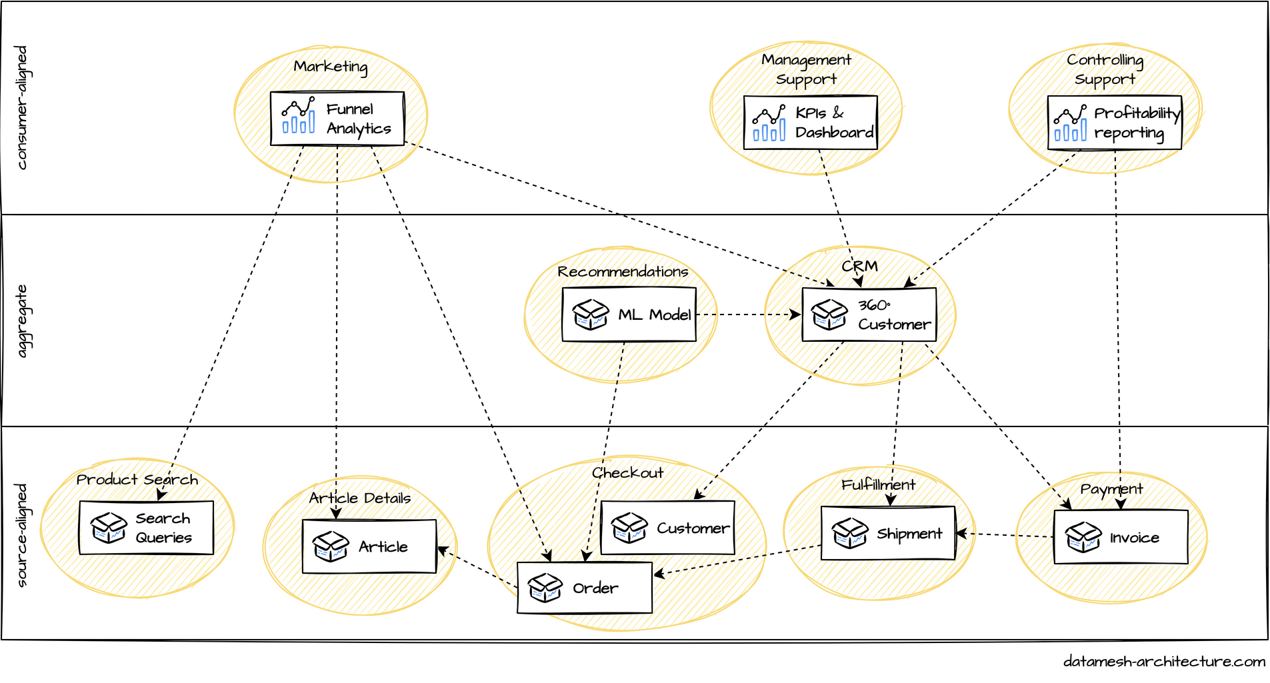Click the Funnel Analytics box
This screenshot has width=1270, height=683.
pyautogui.click(x=337, y=119)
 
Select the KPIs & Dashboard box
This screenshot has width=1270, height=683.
pyautogui.click(x=810, y=123)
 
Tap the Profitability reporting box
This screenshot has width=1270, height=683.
pyautogui.click(x=1114, y=123)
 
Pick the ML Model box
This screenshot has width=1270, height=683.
pyautogui.click(x=629, y=315)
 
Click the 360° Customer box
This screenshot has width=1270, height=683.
pyautogui.click(x=869, y=315)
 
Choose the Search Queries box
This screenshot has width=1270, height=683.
pyautogui.click(x=146, y=528)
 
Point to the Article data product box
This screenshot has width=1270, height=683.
pyautogui.click(x=369, y=546)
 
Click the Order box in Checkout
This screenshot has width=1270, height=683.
pyautogui.click(x=585, y=588)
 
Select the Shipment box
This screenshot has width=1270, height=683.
pyautogui.click(x=888, y=533)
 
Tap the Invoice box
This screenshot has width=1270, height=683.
pyautogui.click(x=1121, y=537)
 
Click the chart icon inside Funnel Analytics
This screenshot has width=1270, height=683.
pyautogui.click(x=298, y=116)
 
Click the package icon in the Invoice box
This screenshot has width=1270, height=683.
pyautogui.click(x=1083, y=537)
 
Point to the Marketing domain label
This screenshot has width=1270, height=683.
pyautogui.click(x=331, y=67)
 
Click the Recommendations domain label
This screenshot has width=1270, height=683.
pyautogui.click(x=623, y=272)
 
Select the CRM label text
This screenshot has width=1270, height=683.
pyautogui.click(x=859, y=267)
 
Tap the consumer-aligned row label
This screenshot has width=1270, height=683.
pyautogui.click(x=22, y=108)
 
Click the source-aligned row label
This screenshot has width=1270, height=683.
pyautogui.click(x=22, y=535)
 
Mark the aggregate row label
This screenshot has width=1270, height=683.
pyautogui.click(x=22, y=321)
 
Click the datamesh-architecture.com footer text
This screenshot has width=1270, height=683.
pyautogui.click(x=1164, y=662)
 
